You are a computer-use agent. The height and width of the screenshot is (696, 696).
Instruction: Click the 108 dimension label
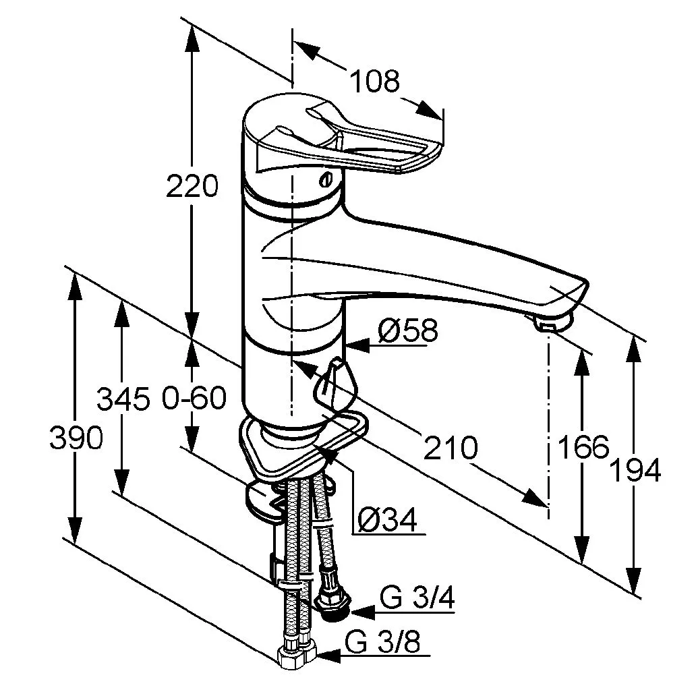pyautogui.click(x=374, y=81)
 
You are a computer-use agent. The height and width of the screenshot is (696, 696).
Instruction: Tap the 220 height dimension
pyautogui.click(x=192, y=186)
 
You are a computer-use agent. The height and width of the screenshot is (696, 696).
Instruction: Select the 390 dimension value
pyautogui.click(x=76, y=439)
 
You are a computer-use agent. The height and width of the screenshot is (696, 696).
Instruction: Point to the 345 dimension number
pyautogui.click(x=122, y=400)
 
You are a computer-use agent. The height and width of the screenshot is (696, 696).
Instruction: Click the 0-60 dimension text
pyautogui.click(x=194, y=399)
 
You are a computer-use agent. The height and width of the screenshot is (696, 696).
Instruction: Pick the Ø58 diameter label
pyautogui.click(x=407, y=330)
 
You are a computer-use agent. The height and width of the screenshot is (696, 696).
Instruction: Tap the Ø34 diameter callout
pyautogui.click(x=387, y=519)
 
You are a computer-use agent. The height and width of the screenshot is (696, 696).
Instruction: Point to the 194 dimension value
pyautogui.click(x=635, y=470)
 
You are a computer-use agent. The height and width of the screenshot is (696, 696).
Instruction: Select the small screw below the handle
pyautogui.click(x=327, y=179)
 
